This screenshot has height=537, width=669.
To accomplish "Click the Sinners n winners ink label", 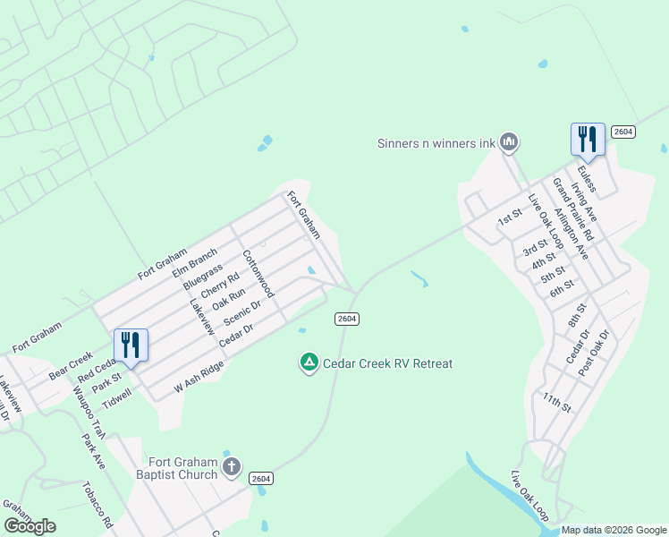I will [435, 142].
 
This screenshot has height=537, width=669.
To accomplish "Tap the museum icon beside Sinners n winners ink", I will [509, 141].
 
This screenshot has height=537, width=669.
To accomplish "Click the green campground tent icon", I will [308, 362].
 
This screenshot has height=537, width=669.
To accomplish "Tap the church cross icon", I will [232, 466].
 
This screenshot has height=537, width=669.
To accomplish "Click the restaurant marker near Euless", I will [588, 139].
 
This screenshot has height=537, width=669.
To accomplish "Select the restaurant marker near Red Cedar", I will [131, 345].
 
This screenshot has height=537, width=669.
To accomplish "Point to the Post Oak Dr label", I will [593, 352].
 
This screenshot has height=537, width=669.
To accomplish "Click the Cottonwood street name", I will [258, 273].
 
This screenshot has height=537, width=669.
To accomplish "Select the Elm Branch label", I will [195, 260].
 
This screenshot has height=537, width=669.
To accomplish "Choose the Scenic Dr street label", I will [241, 312].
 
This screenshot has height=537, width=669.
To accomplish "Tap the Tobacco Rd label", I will [97, 506].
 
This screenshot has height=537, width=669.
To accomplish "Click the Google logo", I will [30, 526].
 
